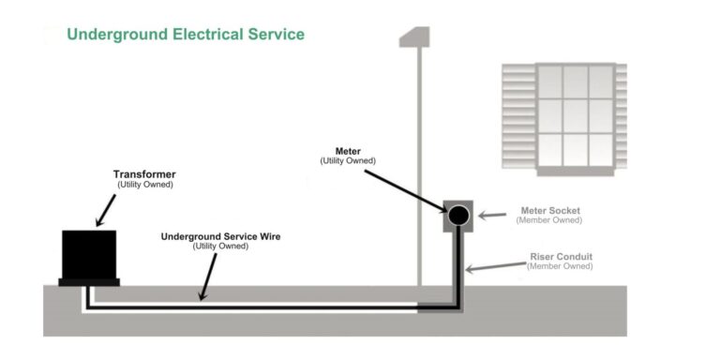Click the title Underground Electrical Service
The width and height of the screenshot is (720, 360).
coord(185,35)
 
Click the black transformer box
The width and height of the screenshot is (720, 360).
coord(89,253)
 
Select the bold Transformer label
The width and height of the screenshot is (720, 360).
coord(144,174)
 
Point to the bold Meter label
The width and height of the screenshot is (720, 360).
coord(348,151)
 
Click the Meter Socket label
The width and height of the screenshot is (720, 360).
coord(551,211)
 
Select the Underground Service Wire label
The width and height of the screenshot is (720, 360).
coord(220,236)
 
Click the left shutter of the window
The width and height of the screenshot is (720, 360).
coord(518,116)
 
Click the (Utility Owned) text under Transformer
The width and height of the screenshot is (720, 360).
coord(144,185)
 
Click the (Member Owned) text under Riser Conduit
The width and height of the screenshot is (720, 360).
coord(559,266)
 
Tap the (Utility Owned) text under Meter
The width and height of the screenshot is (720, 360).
coord(348,161)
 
